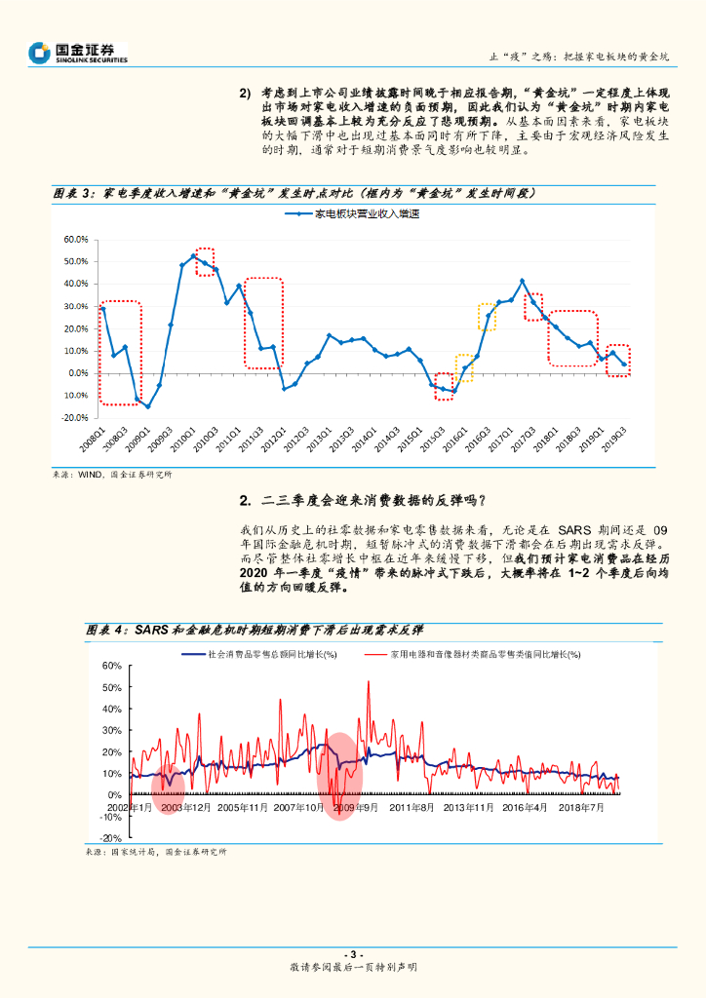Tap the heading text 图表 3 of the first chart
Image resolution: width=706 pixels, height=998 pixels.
click(72, 193)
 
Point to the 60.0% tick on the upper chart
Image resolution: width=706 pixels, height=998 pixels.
click(76, 239)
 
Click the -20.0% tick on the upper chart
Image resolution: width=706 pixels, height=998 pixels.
click(74, 417)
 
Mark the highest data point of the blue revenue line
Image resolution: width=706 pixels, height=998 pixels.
click(193, 256)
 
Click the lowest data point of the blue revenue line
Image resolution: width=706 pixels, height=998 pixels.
click(148, 406)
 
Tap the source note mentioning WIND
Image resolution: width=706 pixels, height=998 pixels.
click(112, 475)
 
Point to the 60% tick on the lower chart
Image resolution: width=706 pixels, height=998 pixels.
click(109, 666)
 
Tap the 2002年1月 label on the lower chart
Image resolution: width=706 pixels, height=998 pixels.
click(129, 807)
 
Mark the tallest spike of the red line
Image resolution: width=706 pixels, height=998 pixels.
click(368, 681)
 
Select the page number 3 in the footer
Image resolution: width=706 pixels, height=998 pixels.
click(353, 953)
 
